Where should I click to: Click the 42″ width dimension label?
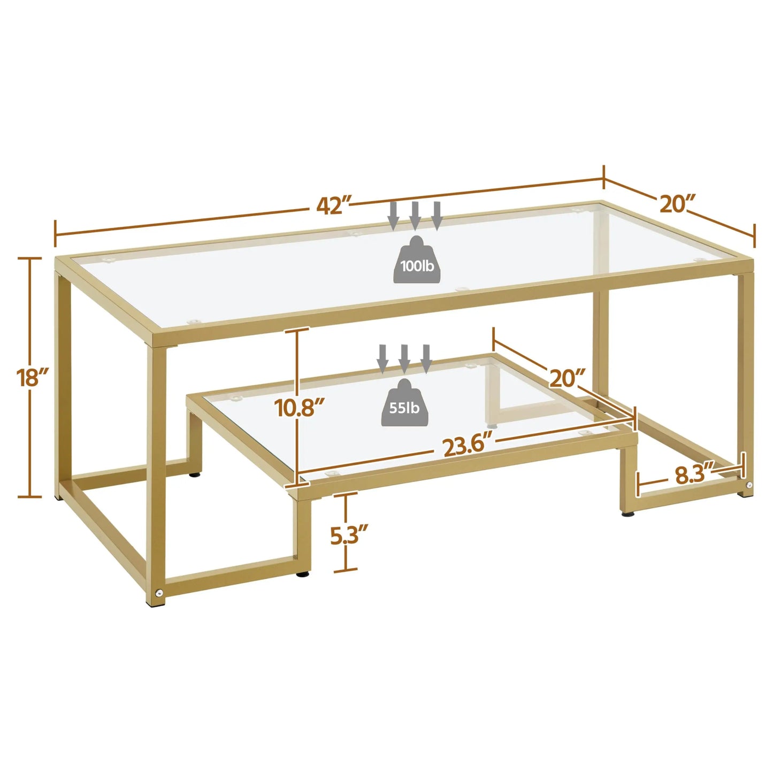pos(332,205)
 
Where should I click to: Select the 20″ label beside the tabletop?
pos(677,204)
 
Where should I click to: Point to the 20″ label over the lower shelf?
pos(567,378)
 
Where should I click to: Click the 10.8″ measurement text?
pos(300,408)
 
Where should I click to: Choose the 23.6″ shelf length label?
pos(466,446)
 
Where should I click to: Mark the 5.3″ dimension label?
pos(349,535)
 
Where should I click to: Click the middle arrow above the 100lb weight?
pos(415,215)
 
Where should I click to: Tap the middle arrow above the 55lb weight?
pos(404,358)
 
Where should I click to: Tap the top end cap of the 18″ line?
pos(30,258)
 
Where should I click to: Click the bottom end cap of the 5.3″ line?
pos(346,571)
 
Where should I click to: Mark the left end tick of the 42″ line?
pos(56,234)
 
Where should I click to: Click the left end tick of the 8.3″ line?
pos(638,485)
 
